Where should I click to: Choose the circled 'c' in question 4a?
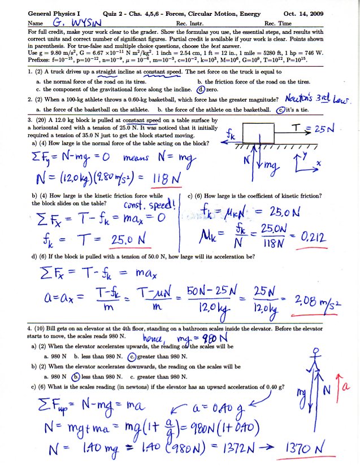(133, 356)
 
